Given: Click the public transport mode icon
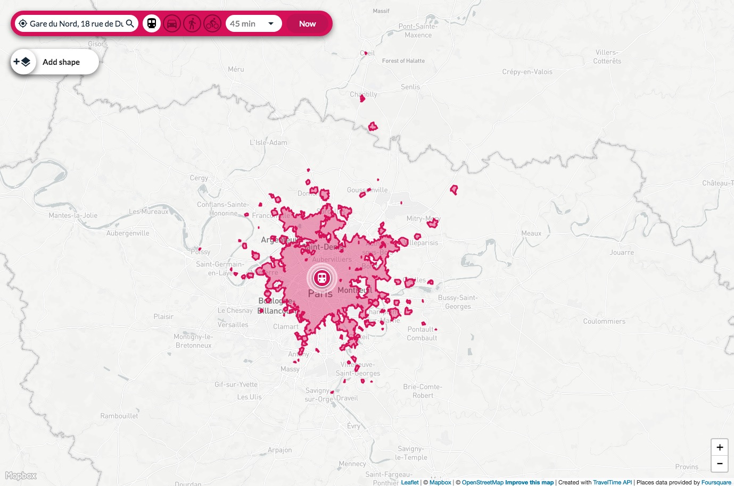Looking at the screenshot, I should [152, 23].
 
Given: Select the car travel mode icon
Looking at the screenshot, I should [172, 23].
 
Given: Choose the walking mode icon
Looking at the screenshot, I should [192, 23].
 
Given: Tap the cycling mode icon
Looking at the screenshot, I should [212, 23].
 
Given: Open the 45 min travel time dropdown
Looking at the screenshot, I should [253, 23].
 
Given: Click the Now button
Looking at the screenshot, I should [307, 23].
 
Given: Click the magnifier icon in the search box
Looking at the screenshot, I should [130, 23].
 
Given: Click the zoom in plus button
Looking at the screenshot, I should [720, 447].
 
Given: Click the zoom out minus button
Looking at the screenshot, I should [720, 464].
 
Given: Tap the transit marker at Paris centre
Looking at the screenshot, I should [321, 278].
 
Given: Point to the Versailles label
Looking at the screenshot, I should [233, 325].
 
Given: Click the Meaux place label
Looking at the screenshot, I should [531, 233].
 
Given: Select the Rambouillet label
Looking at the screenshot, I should [119, 416].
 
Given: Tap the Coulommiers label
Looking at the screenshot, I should [604, 321].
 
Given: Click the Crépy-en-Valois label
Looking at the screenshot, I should [527, 72].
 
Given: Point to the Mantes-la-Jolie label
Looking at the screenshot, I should [73, 215].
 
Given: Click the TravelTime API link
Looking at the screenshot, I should [612, 482].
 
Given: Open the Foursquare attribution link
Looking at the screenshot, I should [716, 482].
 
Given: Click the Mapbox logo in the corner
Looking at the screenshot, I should [21, 476].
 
